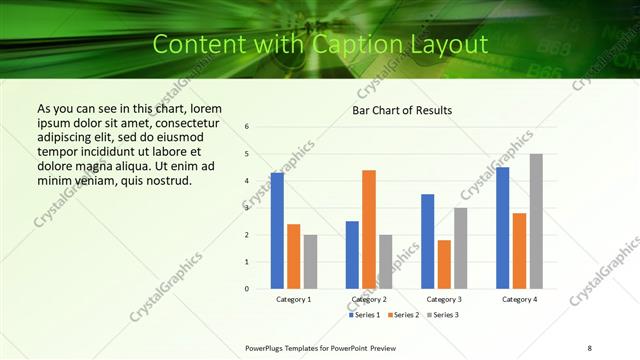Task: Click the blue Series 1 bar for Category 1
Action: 277,231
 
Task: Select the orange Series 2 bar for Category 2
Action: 369,229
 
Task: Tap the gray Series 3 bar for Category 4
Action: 536,221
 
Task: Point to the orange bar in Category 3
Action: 444,264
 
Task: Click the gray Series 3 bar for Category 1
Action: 310,262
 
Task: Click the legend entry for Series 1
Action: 365,315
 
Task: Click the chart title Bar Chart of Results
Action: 402,110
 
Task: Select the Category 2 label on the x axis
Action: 369,299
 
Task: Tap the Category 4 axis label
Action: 519,299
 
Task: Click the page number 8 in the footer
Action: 590,347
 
